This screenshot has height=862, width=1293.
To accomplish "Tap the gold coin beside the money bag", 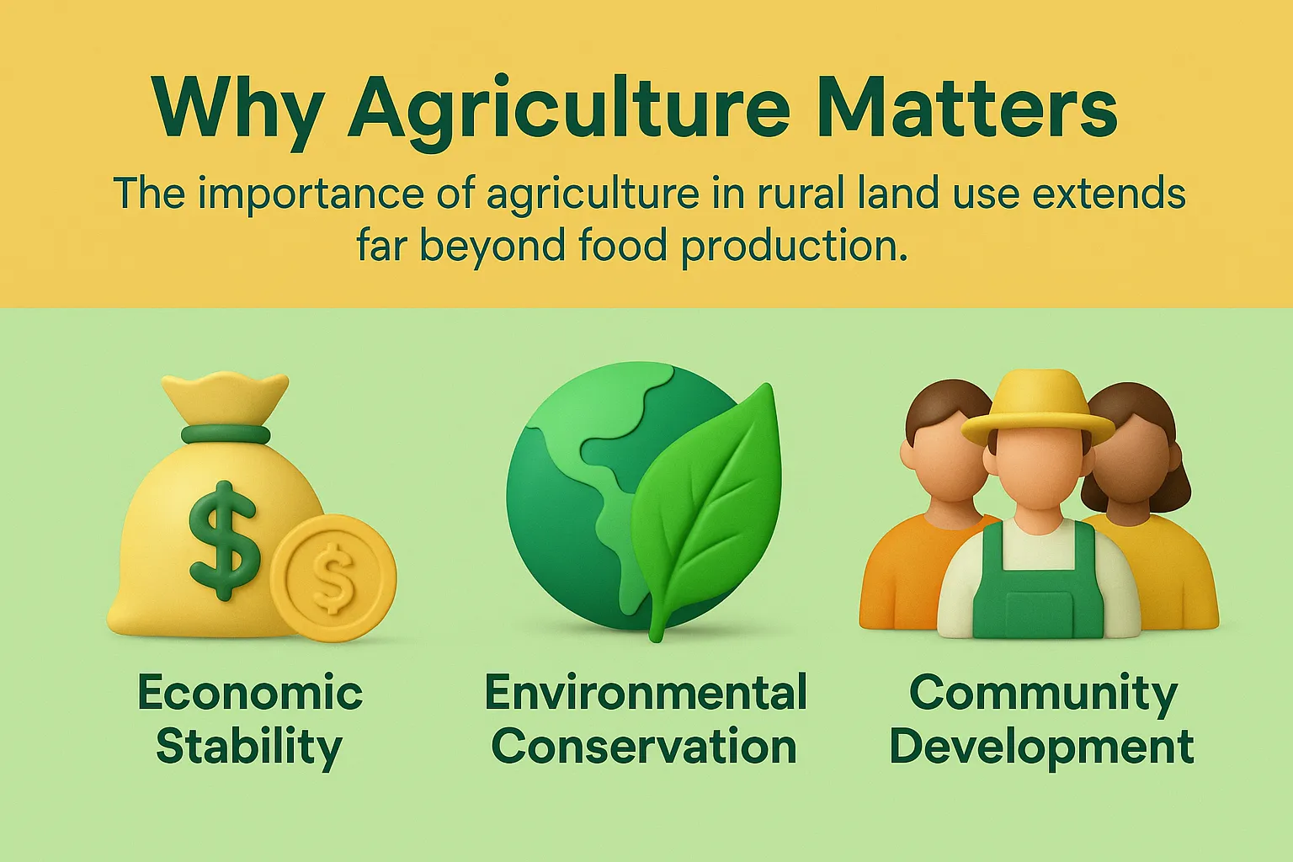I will (x=334, y=578).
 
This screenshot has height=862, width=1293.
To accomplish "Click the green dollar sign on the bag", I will (x=223, y=540).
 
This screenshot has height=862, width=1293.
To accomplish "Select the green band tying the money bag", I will (x=226, y=434).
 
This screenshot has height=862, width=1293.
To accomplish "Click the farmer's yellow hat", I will (x=1037, y=408).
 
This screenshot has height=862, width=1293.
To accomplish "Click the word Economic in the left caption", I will (x=250, y=693).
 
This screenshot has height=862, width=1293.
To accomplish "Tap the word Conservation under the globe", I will (x=644, y=747).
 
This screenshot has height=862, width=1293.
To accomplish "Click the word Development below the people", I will (x=1041, y=747).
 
